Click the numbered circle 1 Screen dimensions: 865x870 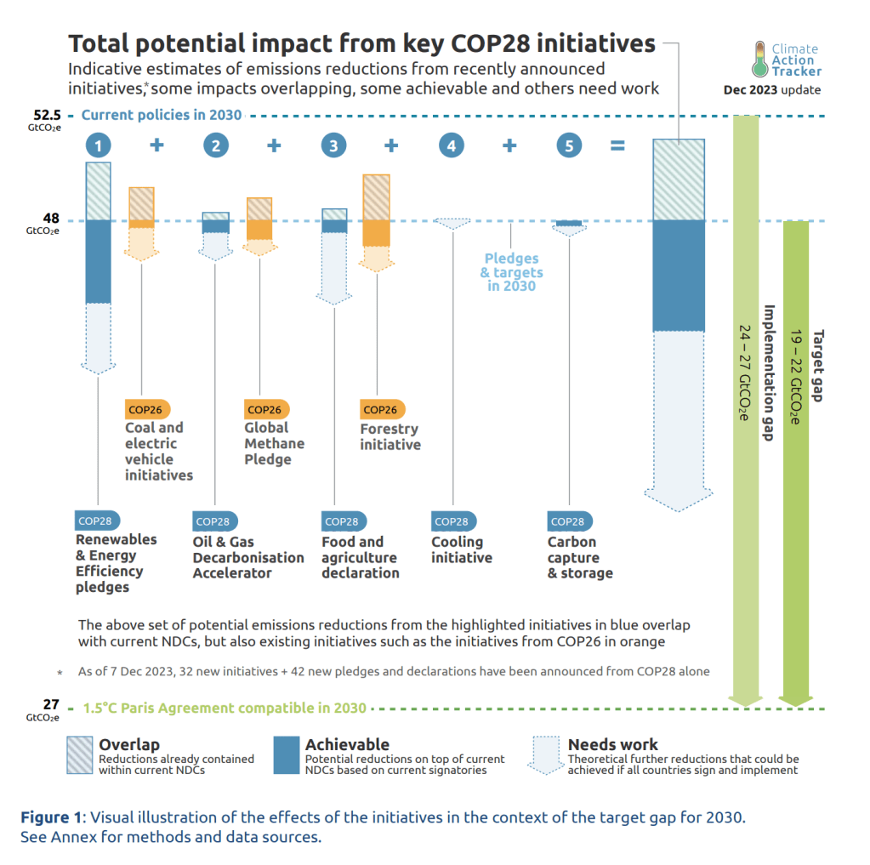click(99, 146)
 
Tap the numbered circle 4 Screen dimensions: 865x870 click(452, 146)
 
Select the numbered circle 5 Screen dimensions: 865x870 click(569, 146)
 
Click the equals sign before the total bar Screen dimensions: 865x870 click(617, 146)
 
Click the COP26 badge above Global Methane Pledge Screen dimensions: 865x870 click(264, 409)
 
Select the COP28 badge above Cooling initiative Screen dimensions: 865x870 click(451, 521)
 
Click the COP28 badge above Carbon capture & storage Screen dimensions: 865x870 click(568, 521)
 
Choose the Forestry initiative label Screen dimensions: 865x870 click(390, 436)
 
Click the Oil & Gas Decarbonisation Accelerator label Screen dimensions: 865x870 click(247, 557)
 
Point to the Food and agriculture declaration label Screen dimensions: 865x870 click(360, 557)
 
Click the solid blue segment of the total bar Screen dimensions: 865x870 click(678, 276)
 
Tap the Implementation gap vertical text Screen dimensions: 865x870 click(768, 372)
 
